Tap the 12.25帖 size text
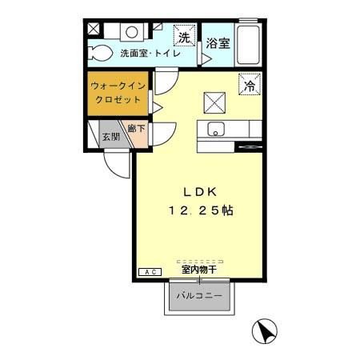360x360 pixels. click(x=201, y=210)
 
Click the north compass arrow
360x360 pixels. click(x=266, y=330)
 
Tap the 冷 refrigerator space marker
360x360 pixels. click(x=250, y=84)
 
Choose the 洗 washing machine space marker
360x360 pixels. click(x=184, y=38)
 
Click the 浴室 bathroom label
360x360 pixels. click(x=218, y=43)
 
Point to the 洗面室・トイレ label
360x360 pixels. click(x=150, y=55)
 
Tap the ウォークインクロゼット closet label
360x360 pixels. click(x=118, y=92)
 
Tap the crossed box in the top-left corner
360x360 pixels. click(x=94, y=30)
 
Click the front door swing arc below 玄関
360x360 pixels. click(x=117, y=166)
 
